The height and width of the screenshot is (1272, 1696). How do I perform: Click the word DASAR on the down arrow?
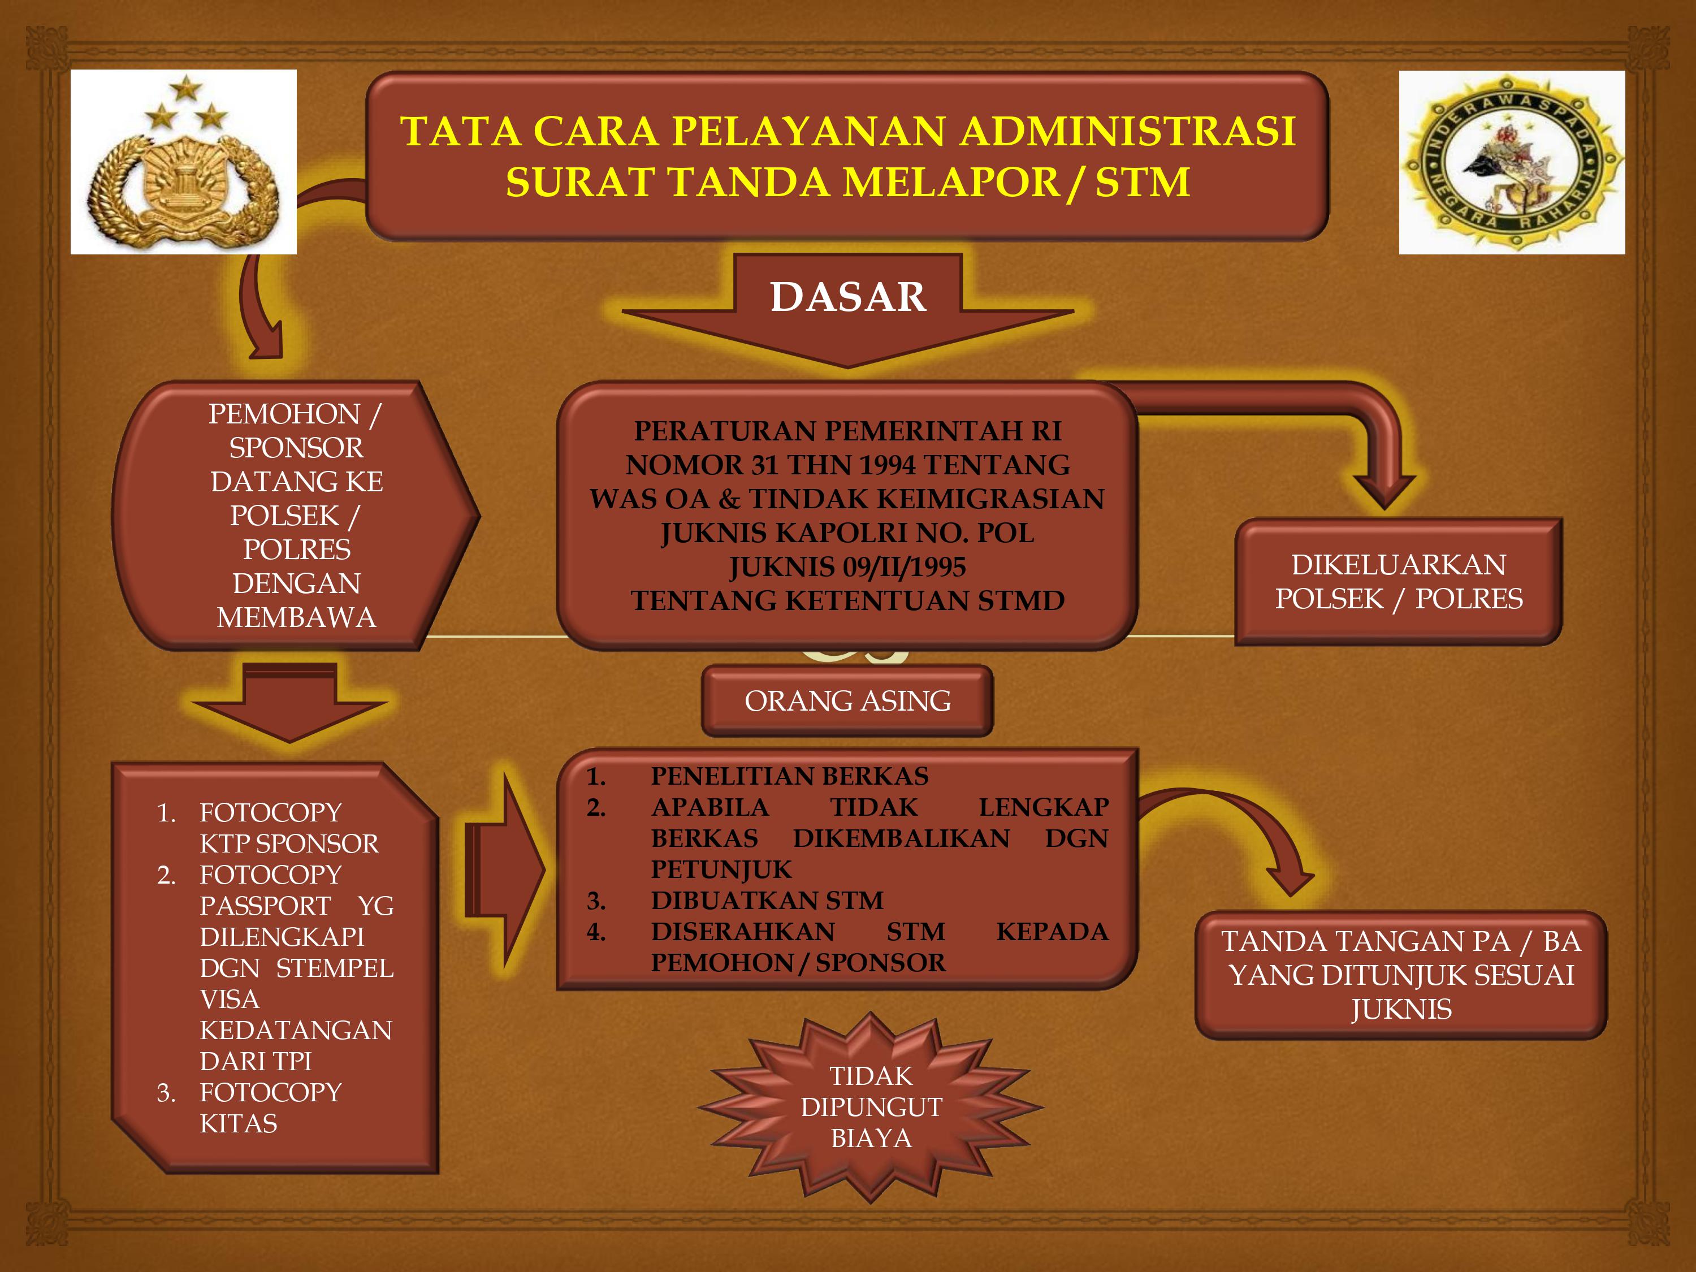tap(847, 297)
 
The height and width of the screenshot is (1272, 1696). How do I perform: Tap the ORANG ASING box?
tap(847, 701)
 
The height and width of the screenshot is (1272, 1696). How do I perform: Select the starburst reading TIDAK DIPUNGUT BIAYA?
tap(871, 1106)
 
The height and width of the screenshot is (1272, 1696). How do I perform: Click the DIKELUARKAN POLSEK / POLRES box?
tap(1399, 582)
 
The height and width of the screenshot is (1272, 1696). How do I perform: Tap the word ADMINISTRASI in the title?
tap(1128, 131)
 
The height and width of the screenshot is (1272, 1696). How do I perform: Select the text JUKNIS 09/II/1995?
tap(847, 566)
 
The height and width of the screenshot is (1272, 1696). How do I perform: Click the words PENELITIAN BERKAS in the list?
tap(789, 776)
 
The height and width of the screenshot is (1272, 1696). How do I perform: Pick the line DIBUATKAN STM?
tap(767, 900)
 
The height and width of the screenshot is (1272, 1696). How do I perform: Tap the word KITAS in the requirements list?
tap(239, 1123)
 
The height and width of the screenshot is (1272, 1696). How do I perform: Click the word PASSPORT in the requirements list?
tap(265, 906)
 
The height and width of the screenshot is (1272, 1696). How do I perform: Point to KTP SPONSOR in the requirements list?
tap(289, 843)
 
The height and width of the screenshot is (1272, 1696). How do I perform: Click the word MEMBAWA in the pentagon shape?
tap(296, 617)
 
